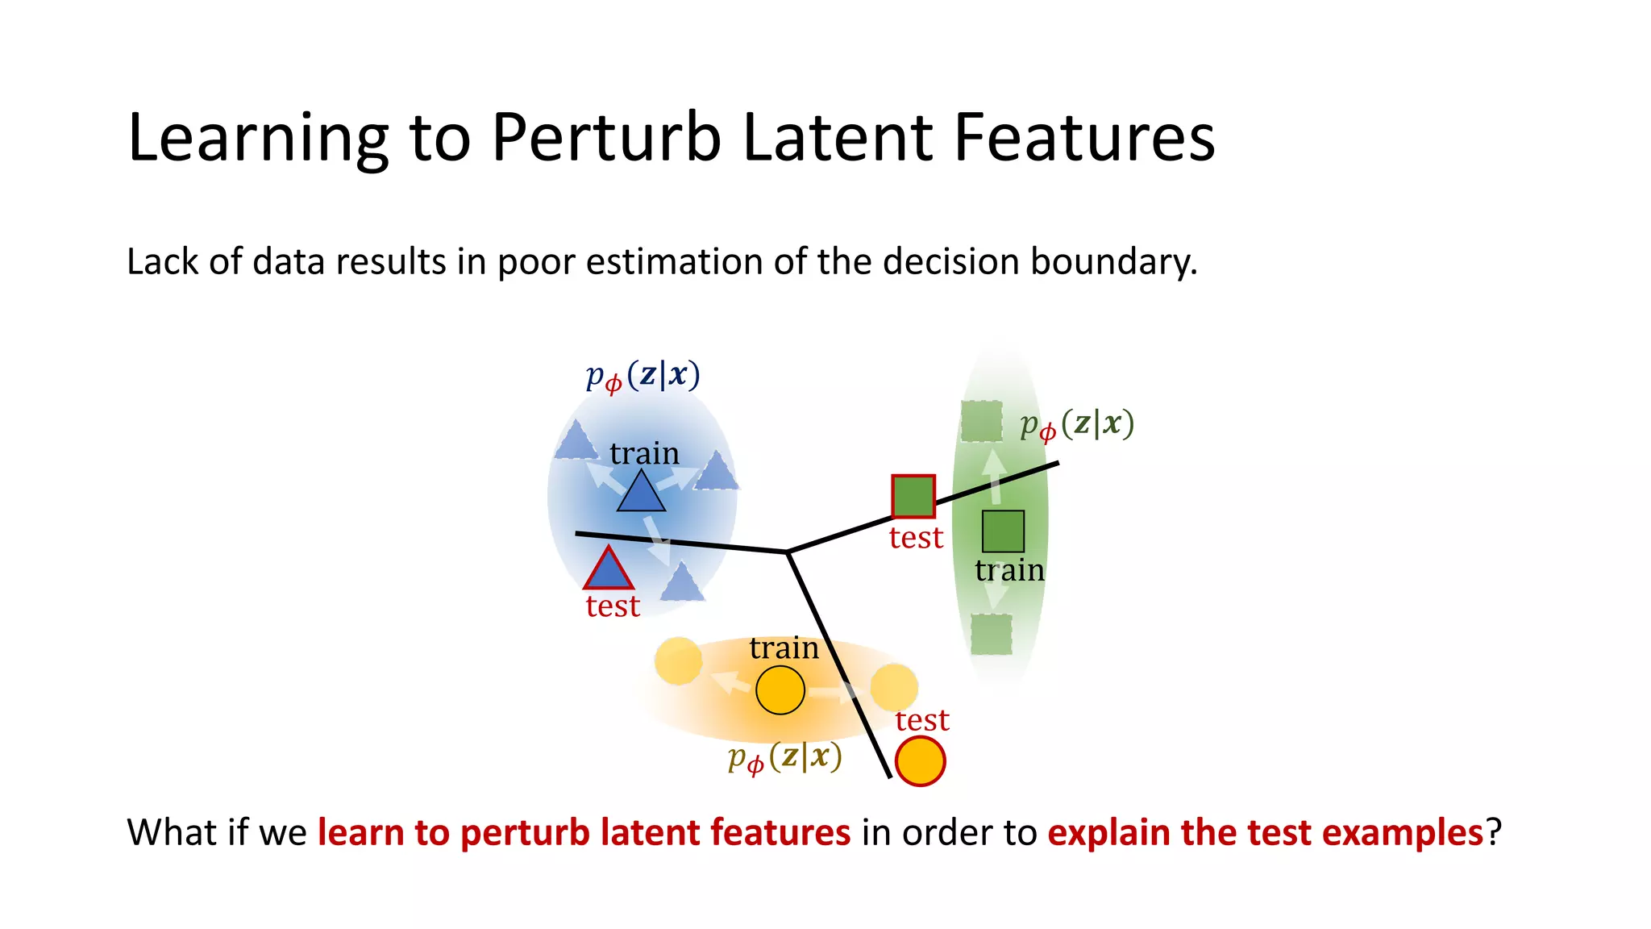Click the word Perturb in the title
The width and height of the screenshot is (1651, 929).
click(606, 138)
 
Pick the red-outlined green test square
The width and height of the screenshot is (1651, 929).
click(913, 496)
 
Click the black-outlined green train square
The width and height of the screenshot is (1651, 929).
click(1003, 531)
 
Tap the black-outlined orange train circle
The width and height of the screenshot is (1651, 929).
click(780, 690)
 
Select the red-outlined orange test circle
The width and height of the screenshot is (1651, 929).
click(920, 761)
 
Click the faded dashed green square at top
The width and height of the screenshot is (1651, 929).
click(981, 422)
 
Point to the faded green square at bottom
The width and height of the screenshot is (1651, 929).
click(991, 635)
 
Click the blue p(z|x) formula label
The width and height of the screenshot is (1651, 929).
click(643, 376)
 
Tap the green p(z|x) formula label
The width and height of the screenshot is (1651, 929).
click(1076, 425)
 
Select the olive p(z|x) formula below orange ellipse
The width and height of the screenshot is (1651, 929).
click(784, 757)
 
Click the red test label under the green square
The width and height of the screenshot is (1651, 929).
click(916, 538)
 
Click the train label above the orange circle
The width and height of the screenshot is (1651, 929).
click(784, 648)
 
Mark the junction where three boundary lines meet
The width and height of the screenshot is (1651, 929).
click(788, 552)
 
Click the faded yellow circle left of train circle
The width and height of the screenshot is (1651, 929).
click(678, 661)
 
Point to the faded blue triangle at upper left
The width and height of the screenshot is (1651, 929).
click(576, 441)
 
